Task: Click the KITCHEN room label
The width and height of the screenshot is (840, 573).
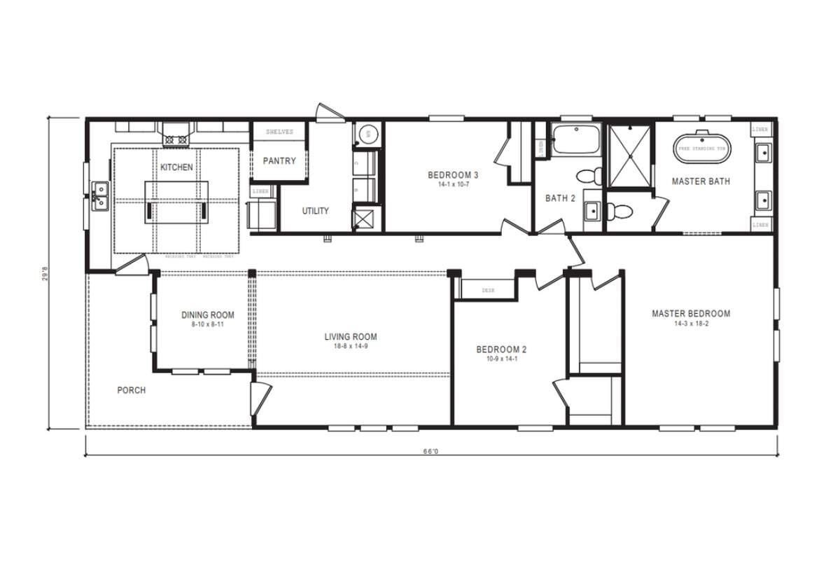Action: tap(176, 167)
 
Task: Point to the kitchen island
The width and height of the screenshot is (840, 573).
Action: tap(176, 202)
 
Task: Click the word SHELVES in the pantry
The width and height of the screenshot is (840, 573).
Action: tap(279, 132)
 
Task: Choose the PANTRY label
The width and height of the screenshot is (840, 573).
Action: tap(279, 160)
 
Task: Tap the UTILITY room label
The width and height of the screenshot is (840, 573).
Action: tap(315, 210)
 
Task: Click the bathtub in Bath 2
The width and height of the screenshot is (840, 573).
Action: tap(575, 140)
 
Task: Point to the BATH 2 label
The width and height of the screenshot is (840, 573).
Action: tap(560, 198)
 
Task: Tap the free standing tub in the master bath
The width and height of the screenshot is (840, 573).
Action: tap(702, 148)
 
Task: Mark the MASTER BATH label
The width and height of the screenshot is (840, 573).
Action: tap(701, 181)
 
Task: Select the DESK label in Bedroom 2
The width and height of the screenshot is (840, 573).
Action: tap(489, 290)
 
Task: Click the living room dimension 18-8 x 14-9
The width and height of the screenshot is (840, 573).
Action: tap(351, 346)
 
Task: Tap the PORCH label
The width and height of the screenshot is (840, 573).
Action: tap(132, 390)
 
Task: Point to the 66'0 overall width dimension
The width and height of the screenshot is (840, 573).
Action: tap(430, 452)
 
